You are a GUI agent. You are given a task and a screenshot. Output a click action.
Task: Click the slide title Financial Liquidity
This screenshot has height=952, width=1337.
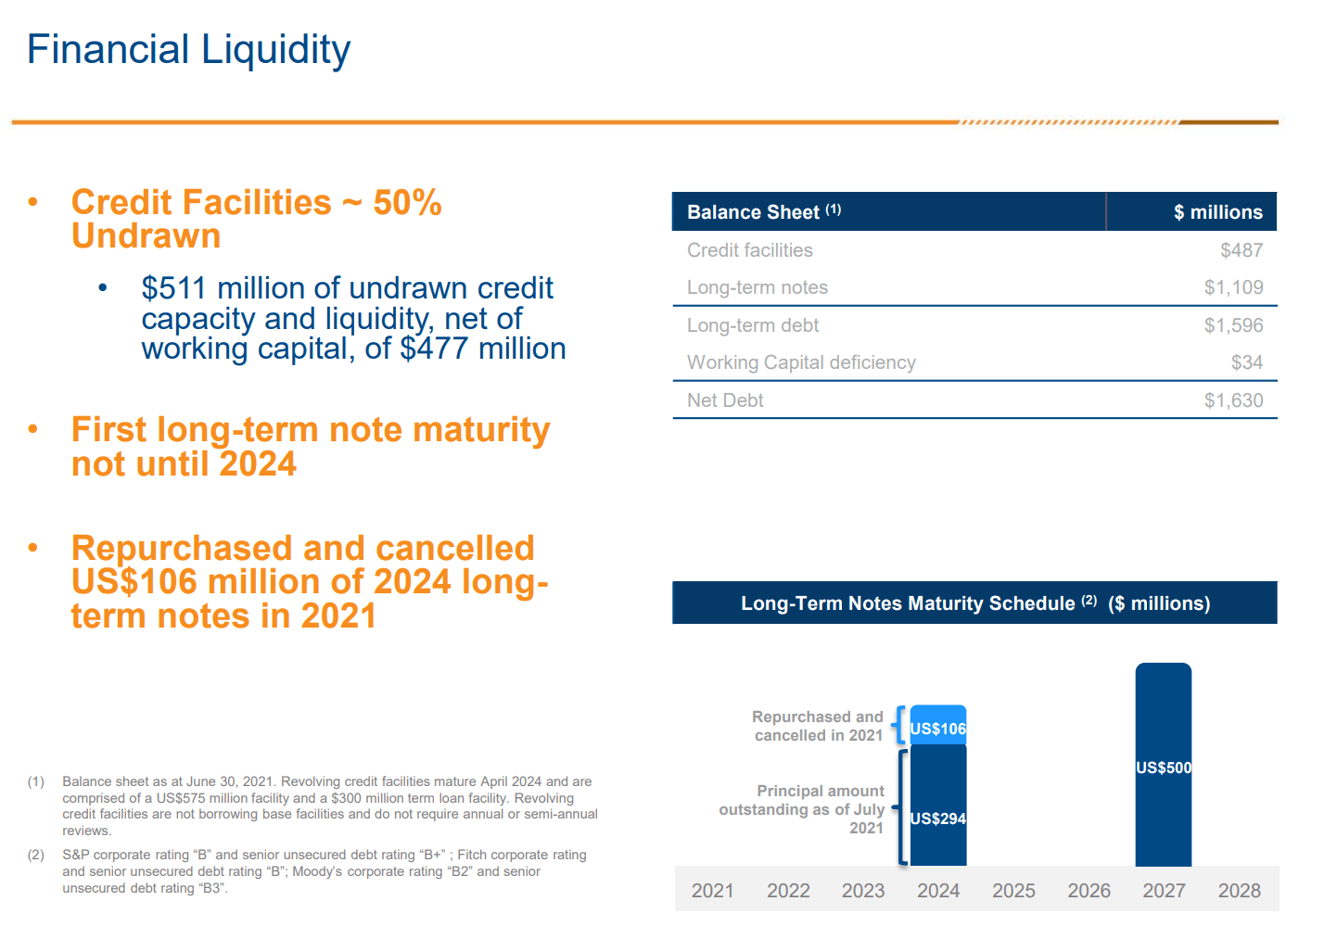[x=188, y=50]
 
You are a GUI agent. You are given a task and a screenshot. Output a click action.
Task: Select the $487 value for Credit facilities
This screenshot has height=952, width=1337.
[x=1241, y=250]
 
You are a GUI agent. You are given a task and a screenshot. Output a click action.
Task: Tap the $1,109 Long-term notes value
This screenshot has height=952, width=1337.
[x=1233, y=287]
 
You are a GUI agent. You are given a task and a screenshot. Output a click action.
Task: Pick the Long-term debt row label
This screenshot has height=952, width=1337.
[x=752, y=325]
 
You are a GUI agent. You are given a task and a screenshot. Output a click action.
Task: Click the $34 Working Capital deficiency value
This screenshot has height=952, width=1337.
[x=1246, y=362]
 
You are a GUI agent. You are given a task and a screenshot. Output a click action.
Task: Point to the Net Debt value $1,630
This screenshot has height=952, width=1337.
[x=1233, y=400]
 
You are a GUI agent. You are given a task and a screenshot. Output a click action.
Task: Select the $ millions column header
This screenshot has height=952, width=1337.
[x=1217, y=212]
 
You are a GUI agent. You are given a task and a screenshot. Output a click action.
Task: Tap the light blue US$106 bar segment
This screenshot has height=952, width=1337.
[x=937, y=726]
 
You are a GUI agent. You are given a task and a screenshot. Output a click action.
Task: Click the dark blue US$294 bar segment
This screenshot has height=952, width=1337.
[x=937, y=806]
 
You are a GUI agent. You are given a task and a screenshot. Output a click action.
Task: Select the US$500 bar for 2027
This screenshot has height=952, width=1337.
[x=1163, y=766]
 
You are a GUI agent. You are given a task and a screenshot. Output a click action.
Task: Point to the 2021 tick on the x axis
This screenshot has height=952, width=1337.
[x=712, y=891]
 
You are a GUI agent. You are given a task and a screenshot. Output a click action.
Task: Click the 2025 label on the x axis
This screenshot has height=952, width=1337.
[x=1013, y=891]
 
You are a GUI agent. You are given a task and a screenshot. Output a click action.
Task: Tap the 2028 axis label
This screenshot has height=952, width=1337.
[x=1239, y=891]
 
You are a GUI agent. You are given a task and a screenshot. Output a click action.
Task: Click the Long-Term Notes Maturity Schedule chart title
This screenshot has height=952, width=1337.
[x=974, y=603]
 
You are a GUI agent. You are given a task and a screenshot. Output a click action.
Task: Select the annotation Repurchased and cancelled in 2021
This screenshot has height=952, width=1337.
[x=817, y=726]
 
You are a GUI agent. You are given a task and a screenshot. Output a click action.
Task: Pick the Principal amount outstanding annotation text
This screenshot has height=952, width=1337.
[x=803, y=809]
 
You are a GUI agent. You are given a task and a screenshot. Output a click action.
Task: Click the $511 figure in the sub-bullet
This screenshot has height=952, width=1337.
[x=173, y=288]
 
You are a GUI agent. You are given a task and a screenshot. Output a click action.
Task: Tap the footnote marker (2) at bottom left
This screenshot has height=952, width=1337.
[x=35, y=855]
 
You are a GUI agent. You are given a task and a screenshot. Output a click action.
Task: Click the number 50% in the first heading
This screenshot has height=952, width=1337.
[x=407, y=202]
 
